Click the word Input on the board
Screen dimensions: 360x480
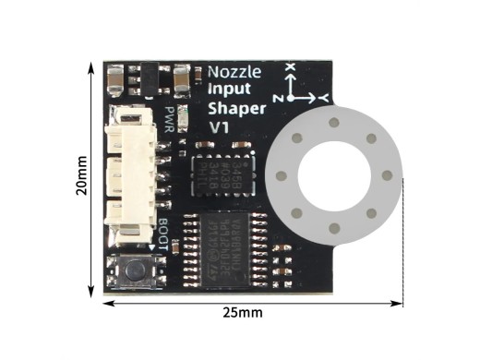tap(228, 90)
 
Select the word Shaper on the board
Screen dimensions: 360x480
tap(237, 109)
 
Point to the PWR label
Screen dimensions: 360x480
tap(170, 119)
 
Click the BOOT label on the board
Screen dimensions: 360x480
tap(163, 234)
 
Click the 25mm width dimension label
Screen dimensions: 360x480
tap(243, 313)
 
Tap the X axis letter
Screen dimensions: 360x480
tap(290, 67)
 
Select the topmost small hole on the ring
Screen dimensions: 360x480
tap(333, 122)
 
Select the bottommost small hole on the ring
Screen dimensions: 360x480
tap(333, 227)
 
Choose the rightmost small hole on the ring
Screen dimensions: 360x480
tap(386, 174)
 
